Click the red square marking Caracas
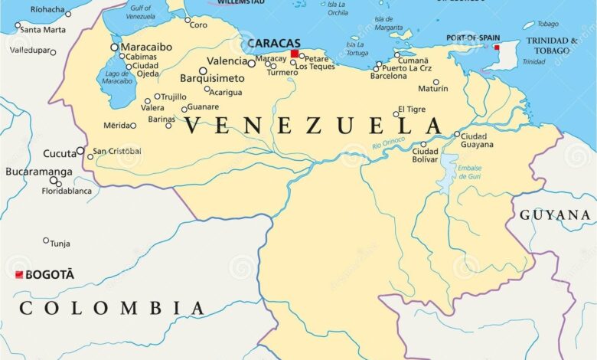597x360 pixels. click(x=295, y=54)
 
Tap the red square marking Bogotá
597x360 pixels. click(x=19, y=274)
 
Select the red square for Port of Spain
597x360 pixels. click(x=497, y=47)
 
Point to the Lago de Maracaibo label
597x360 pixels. click(x=117, y=77)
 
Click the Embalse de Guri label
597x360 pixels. click(x=469, y=172)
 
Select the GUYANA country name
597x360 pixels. click(x=555, y=215)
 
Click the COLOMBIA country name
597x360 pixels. click(x=112, y=308)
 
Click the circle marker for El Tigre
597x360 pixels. click(x=396, y=114)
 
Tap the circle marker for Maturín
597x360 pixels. click(x=436, y=82)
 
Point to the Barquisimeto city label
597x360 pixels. click(x=212, y=78)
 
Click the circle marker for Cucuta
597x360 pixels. click(x=80, y=151)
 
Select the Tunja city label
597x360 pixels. click(x=60, y=244)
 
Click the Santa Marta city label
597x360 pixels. click(x=42, y=30)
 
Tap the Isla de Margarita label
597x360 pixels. click(x=383, y=23)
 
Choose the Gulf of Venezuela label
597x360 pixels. click(x=139, y=12)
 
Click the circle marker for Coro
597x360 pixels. click(x=188, y=20)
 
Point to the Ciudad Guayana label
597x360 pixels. click(x=478, y=140)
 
